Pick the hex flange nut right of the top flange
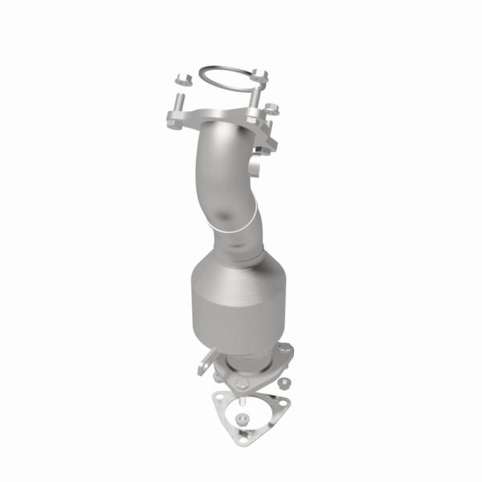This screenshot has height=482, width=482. [272, 108]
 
